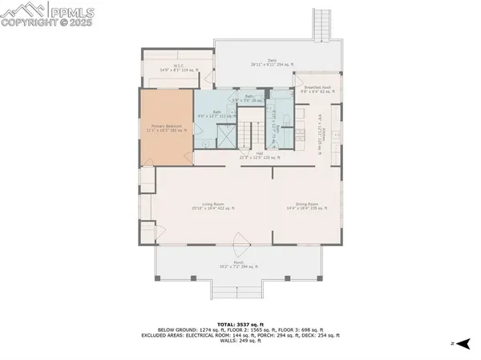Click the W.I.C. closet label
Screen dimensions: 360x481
pos(178,68)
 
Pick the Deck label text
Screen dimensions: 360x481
pos(272,62)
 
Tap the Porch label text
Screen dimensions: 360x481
pos(238,265)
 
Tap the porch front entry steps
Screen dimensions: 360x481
pos(238,289)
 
